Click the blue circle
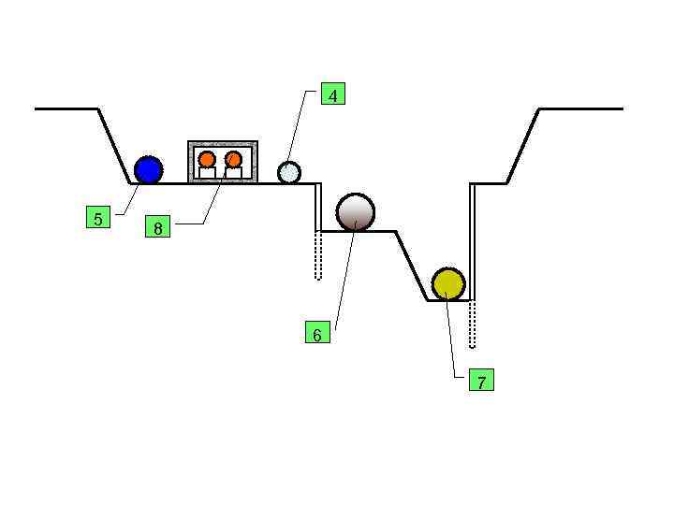point(148,169)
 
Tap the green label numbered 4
point(332,94)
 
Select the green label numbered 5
point(97,219)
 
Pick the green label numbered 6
point(317,333)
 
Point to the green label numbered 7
point(480,381)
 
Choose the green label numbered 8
point(157,227)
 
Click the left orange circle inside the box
point(207,159)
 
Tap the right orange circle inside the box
point(234,159)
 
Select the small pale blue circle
point(289,172)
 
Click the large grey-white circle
point(355,212)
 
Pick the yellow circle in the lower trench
point(447,282)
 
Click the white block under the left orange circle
point(207,173)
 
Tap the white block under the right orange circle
point(234,173)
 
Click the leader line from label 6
point(344,281)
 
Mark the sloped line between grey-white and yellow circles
point(412,266)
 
